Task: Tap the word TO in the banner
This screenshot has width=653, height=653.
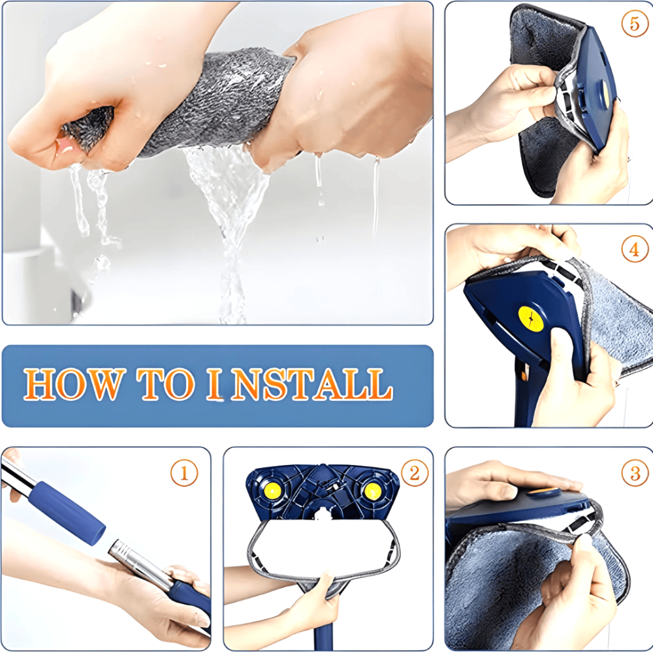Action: [165, 384]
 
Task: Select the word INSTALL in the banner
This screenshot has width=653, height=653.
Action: [299, 384]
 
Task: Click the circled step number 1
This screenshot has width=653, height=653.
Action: [184, 473]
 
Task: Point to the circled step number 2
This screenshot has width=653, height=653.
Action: [415, 473]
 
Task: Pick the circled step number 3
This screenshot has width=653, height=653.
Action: [635, 473]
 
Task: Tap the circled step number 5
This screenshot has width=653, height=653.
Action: [635, 24]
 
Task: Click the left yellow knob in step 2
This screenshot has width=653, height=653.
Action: [273, 490]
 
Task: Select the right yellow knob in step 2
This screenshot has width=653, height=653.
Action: [372, 490]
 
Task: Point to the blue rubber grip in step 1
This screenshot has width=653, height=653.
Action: [67, 513]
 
